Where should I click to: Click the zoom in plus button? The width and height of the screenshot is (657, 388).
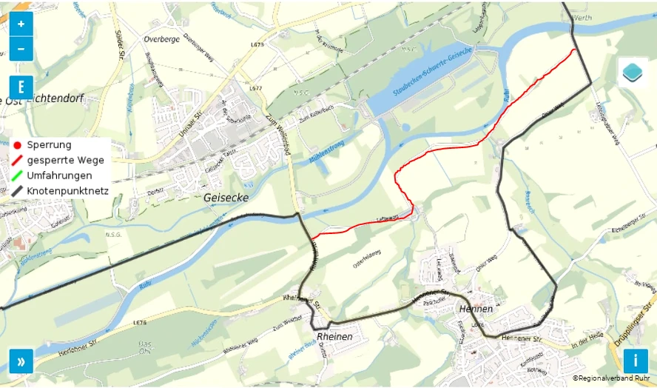pos(21,24)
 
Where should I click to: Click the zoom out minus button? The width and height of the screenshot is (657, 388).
pos(21,49)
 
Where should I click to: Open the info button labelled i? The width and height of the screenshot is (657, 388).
pos(636,361)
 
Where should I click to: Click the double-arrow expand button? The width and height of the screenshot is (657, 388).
pos(21,361)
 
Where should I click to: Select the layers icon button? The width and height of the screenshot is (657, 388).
pos(633,73)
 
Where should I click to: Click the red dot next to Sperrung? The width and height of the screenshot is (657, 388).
pos(17,145)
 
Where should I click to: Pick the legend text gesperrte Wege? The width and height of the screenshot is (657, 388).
pos(65,160)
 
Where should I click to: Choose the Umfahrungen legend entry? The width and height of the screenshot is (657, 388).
pos(59,175)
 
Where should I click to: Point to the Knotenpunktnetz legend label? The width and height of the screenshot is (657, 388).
pos(67,191)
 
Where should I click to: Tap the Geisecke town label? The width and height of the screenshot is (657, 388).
pos(226,198)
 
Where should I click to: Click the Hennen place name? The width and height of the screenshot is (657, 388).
pos(476,308)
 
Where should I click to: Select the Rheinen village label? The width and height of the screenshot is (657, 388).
pos(334,336)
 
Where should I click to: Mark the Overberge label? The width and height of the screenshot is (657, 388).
pos(162,39)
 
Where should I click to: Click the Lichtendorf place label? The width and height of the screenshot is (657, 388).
pos(55,98)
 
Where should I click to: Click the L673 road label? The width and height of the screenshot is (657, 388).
pos(257,44)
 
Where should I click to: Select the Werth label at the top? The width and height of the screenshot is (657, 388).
pos(582,16)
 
